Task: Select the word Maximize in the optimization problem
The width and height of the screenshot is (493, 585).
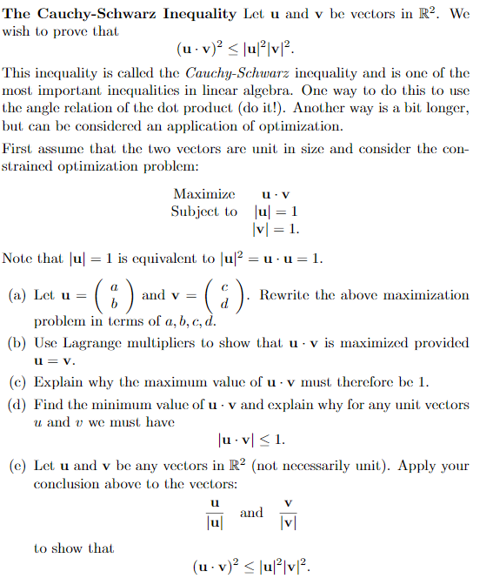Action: click(204, 193)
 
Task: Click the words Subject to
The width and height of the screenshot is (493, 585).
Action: click(203, 212)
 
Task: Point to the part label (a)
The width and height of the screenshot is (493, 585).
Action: click(17, 295)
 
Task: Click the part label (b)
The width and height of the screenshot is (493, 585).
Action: click(17, 341)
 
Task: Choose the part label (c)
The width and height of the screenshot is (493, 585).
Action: click(17, 381)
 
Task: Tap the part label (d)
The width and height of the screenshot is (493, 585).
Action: click(17, 405)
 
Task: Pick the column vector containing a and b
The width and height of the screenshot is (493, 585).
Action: click(113, 296)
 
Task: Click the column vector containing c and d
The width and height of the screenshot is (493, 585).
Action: click(223, 296)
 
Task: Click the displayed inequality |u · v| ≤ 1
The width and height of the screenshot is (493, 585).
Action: click(250, 439)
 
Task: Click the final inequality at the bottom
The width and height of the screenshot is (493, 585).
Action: click(250, 568)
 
